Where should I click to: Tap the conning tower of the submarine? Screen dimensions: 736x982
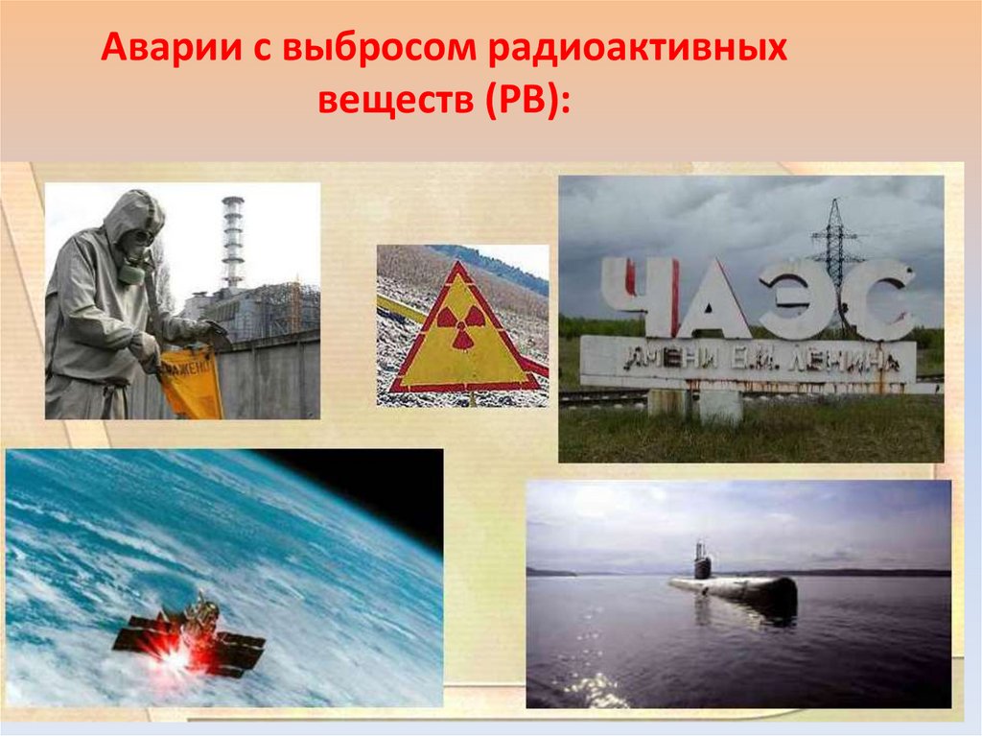(702, 560)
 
